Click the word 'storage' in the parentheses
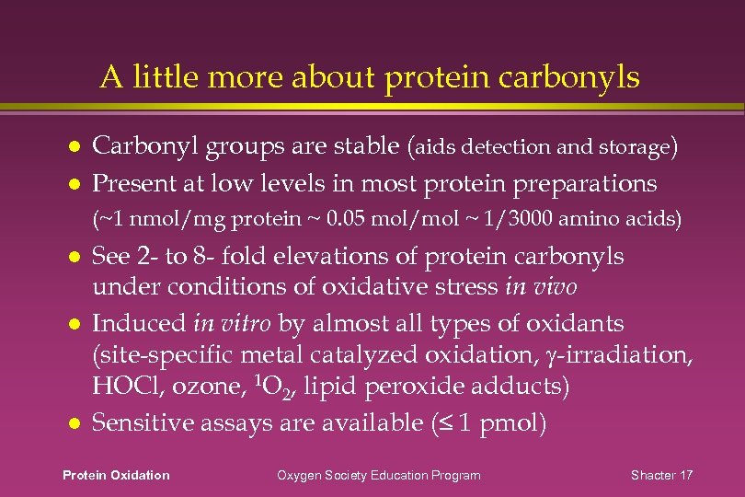tap(636, 147)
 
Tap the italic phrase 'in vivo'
tap(541, 286)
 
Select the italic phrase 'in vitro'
tap(224, 323)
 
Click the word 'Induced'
tap(141, 323)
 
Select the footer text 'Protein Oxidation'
tap(116, 475)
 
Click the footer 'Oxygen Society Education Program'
tap(379, 475)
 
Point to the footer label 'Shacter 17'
tap(662, 475)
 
